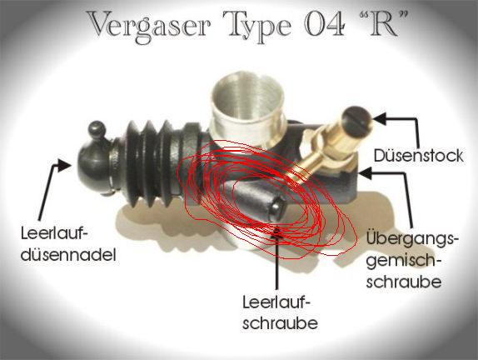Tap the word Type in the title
pyautogui.click(x=261, y=27)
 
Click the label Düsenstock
pyautogui.click(x=418, y=156)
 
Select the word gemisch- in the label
pyautogui.click(x=404, y=262)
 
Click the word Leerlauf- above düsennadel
pyautogui.click(x=54, y=235)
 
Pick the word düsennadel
pyautogui.click(x=68, y=255)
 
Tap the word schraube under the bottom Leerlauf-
pyautogui.click(x=280, y=323)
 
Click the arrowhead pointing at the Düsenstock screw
pyautogui.click(x=380, y=118)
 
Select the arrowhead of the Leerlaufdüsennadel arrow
pyautogui.click(x=63, y=165)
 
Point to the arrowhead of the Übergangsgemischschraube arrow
pyautogui.click(x=366, y=173)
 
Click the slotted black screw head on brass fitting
pyautogui.click(x=357, y=121)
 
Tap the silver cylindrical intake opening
pyautogui.click(x=248, y=102)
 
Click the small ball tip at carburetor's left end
pyautogui.click(x=97, y=129)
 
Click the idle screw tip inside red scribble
pyautogui.click(x=276, y=207)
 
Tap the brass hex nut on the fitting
pyautogui.click(x=317, y=146)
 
